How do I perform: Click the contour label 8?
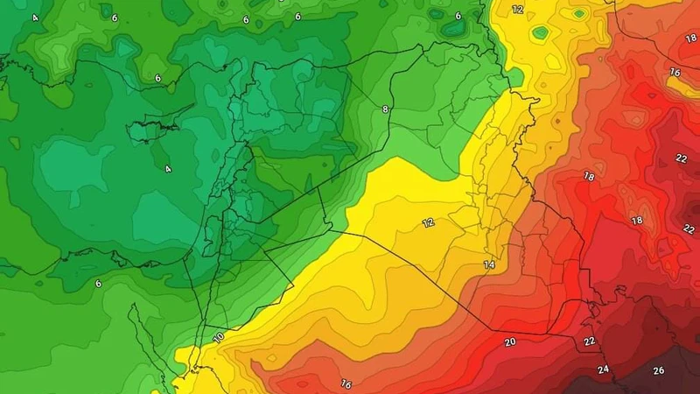(x=384, y=109)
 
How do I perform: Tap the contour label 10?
(x=218, y=337)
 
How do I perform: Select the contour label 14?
(x=488, y=264)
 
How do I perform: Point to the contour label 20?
(x=509, y=341)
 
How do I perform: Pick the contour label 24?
(x=603, y=369)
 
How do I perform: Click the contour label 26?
(x=658, y=370)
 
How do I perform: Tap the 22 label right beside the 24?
(x=590, y=341)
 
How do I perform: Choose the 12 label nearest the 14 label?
(x=428, y=223)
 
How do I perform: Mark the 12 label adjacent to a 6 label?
(x=517, y=10)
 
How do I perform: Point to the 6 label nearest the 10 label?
(x=98, y=283)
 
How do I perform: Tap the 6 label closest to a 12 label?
(x=458, y=16)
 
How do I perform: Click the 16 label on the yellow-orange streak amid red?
(x=675, y=72)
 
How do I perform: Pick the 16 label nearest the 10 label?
(x=346, y=383)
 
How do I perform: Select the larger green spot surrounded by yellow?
(x=541, y=33)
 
